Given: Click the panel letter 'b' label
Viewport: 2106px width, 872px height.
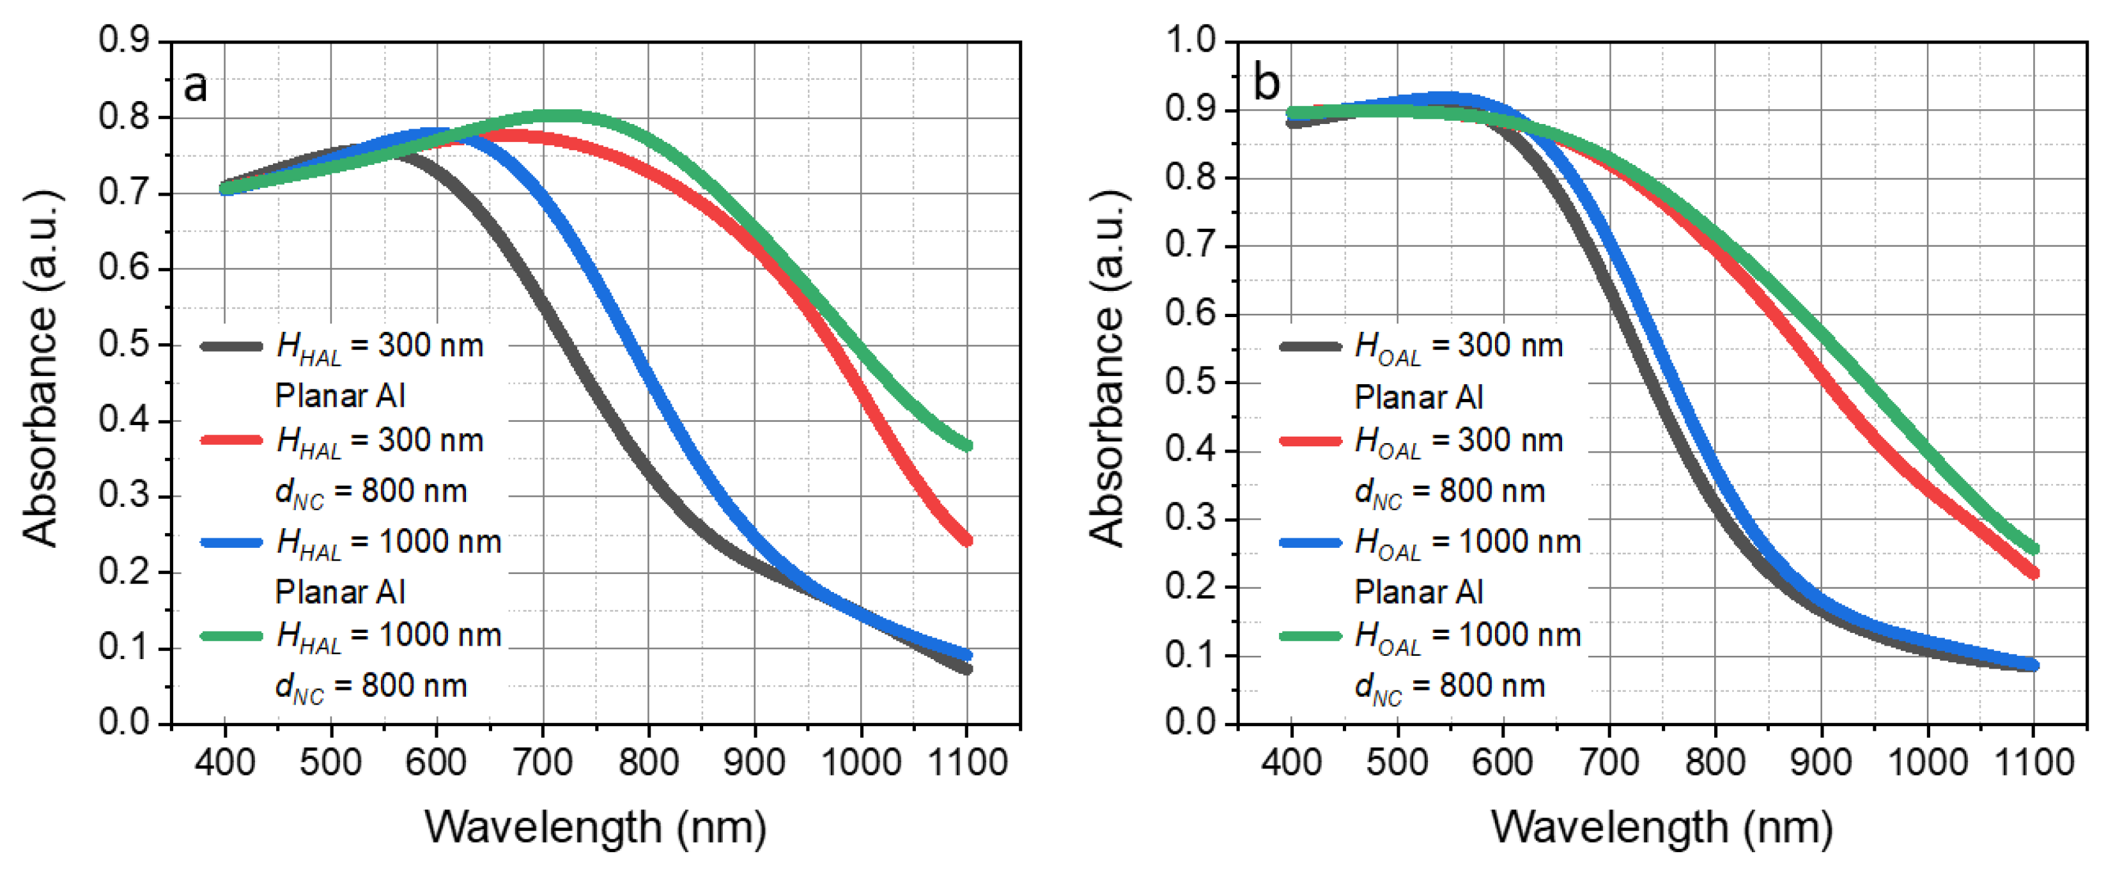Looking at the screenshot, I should [1266, 84].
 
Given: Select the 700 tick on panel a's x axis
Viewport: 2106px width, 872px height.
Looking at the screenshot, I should [543, 763].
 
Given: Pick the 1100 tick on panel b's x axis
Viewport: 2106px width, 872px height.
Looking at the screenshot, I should [2033, 763].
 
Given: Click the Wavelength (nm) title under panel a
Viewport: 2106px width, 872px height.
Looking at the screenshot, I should [595, 827].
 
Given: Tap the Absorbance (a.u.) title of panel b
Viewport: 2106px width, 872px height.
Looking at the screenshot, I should [1108, 368].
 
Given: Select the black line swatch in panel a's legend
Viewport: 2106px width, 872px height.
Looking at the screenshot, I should [231, 346].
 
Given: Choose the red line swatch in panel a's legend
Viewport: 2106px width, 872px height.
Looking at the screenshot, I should [231, 440].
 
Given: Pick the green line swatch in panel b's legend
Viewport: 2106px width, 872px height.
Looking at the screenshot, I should [1310, 635].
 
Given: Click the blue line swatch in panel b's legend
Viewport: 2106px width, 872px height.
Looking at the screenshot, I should [1310, 541].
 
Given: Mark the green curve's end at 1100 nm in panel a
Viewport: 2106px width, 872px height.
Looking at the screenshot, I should [967, 446].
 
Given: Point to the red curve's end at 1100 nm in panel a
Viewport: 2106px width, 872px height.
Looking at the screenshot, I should [967, 540].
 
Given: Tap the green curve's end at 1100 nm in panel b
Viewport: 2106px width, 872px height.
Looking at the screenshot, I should [2034, 549].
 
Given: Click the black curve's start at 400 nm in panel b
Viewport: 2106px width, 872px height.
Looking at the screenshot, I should [1292, 123].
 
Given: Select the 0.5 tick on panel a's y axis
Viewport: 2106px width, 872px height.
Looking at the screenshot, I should [124, 345].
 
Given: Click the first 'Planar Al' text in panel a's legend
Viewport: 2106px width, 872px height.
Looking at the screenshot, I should [339, 396].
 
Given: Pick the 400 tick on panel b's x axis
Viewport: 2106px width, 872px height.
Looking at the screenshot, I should [1291, 763].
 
